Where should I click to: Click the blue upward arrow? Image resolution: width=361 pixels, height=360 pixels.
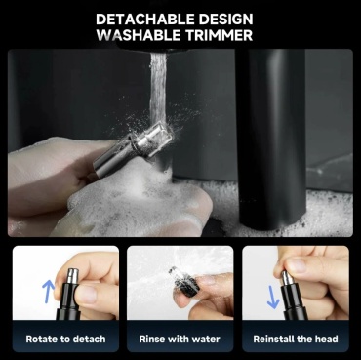point(48,292)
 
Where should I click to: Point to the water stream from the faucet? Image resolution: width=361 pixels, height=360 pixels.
point(158,88)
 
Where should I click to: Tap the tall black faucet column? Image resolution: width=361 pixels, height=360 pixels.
point(271,139)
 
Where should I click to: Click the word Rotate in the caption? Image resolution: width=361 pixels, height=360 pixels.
point(41,339)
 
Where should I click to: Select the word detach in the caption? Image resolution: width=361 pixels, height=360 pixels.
point(89,339)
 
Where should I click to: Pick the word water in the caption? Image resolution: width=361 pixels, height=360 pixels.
point(205,339)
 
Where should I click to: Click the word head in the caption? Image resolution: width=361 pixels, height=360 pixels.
point(326,339)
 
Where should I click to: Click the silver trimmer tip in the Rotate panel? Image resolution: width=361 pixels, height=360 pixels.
point(72,276)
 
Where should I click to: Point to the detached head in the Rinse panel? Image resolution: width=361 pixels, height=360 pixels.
point(183,281)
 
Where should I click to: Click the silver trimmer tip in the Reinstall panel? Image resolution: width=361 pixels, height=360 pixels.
point(288,278)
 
